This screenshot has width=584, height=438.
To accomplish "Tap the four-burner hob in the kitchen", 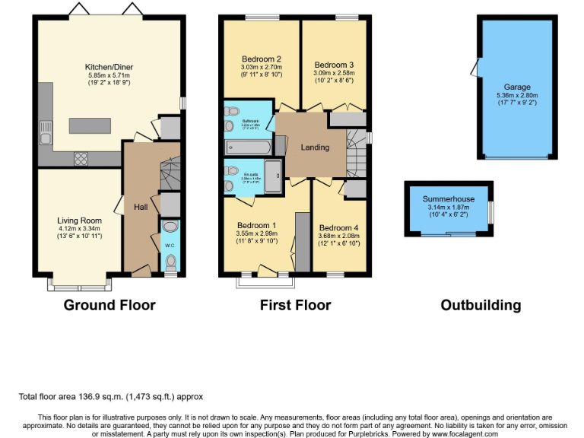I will [81, 158].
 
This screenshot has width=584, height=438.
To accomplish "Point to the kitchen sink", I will [46, 133].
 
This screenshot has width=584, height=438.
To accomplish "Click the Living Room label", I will [79, 221].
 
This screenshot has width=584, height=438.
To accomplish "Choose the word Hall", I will [141, 208].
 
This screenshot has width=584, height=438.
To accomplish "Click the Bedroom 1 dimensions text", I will [257, 237].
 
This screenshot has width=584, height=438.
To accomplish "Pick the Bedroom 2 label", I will [262, 59].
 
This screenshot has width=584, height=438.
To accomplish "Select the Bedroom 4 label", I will [338, 228].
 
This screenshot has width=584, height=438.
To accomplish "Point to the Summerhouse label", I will [448, 199].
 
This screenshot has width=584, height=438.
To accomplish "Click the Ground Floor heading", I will [109, 305].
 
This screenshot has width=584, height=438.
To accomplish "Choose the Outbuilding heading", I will [481, 305].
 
